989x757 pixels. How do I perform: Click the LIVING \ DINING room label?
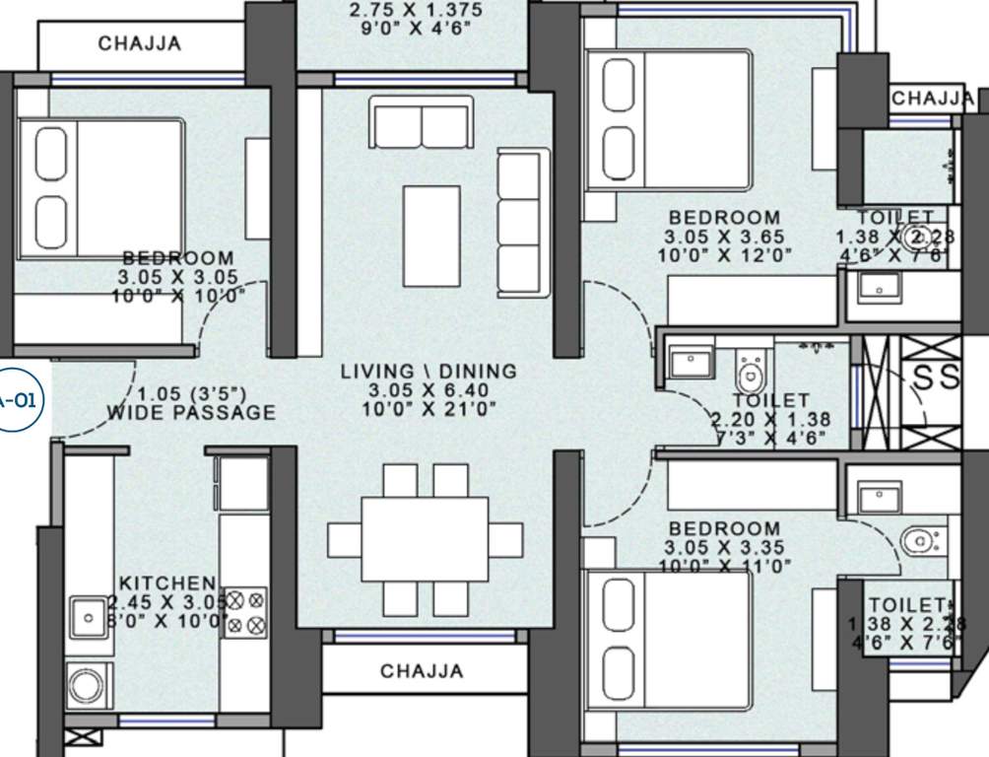click(x=429, y=372)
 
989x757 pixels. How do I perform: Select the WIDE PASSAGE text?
click(x=192, y=413)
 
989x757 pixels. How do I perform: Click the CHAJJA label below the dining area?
click(x=422, y=671)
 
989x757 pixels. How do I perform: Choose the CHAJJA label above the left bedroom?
click(x=139, y=43)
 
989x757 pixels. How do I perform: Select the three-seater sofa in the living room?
click(x=522, y=222)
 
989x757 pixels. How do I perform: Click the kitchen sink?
click(x=89, y=618)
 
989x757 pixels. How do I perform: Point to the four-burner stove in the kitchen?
click(x=244, y=612)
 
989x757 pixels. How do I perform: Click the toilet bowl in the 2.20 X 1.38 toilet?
click(x=751, y=373)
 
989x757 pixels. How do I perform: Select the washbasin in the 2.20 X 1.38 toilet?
click(x=692, y=361)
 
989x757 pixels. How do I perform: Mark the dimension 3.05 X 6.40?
click(x=429, y=390)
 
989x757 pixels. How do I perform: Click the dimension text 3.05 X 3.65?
click(x=724, y=238)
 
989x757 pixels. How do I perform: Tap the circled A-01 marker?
click(x=17, y=400)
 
